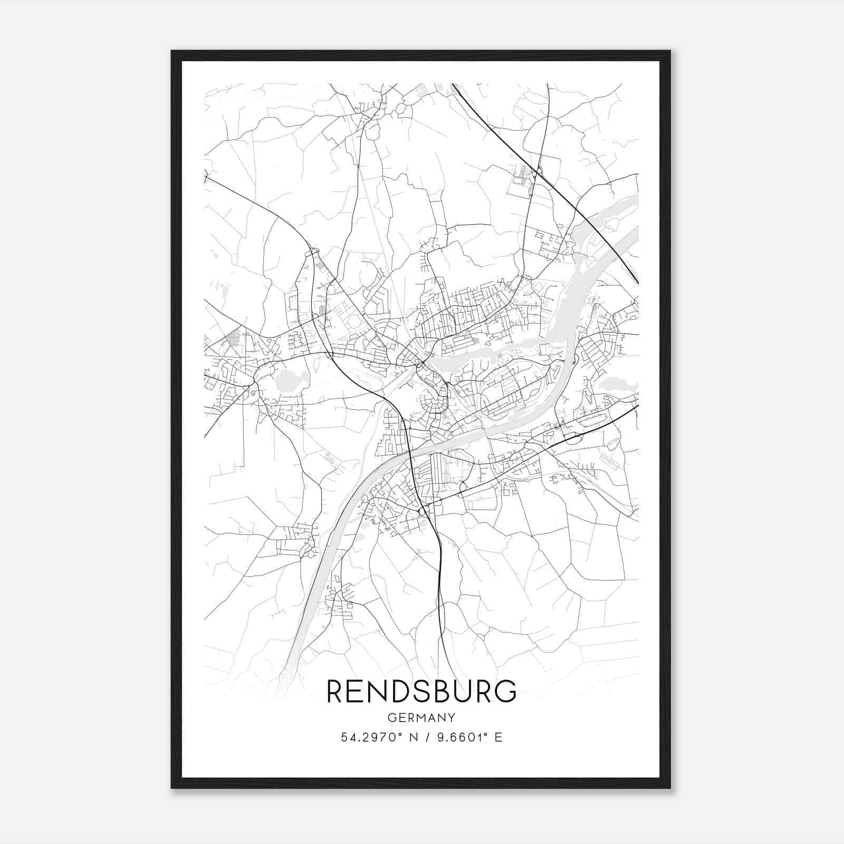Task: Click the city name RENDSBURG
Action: [421, 692]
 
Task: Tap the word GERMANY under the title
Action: [421, 717]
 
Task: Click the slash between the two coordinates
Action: [426, 737]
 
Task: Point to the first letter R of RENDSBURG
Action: [334, 692]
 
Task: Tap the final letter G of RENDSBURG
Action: [506, 692]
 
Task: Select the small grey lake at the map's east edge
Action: [616, 384]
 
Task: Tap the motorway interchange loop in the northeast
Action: [539, 170]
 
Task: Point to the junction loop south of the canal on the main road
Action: [423, 511]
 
